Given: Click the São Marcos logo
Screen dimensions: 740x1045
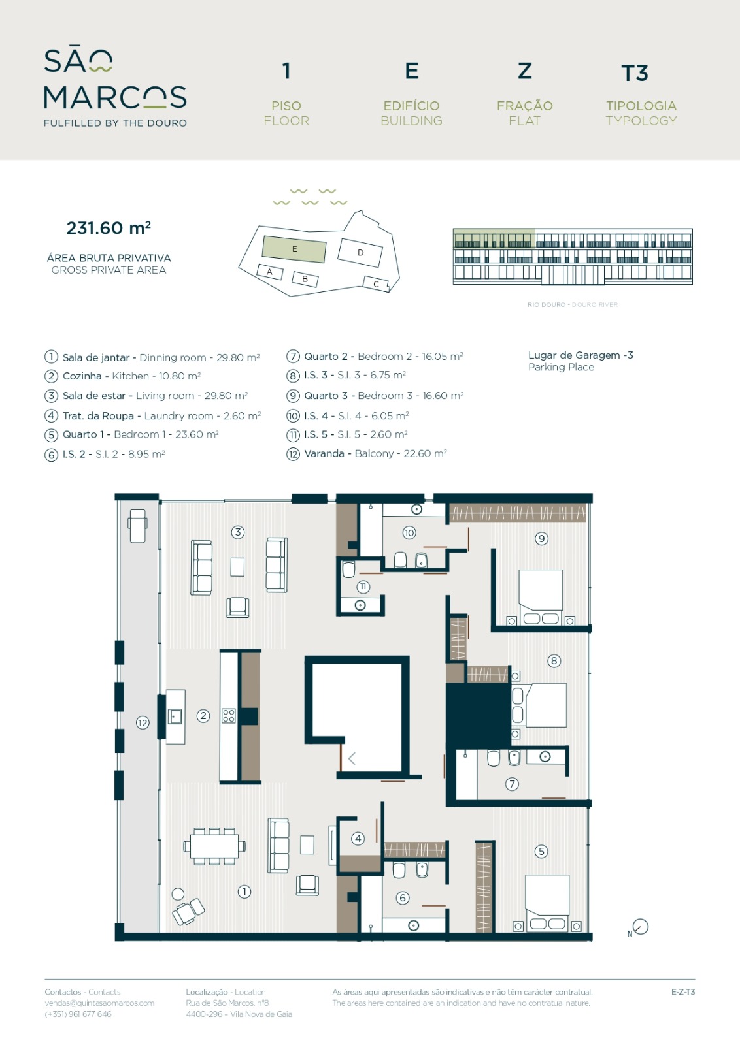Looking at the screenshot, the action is pyautogui.click(x=115, y=88).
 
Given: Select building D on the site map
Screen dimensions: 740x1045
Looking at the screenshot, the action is pyautogui.click(x=360, y=253).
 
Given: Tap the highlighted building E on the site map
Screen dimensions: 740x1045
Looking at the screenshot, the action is pyautogui.click(x=294, y=249).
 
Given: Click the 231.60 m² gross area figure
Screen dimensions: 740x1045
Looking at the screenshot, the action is pyautogui.click(x=109, y=228).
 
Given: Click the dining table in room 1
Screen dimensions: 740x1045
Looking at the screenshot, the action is pyautogui.click(x=214, y=846).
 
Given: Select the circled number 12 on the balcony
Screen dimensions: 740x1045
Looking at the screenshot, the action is pyautogui.click(x=143, y=723).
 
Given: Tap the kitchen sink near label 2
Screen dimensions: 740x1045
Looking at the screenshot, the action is pyautogui.click(x=175, y=716).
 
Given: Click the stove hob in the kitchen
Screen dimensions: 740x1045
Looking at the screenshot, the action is pyautogui.click(x=228, y=716).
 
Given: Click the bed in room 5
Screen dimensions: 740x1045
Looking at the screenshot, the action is pyautogui.click(x=547, y=903).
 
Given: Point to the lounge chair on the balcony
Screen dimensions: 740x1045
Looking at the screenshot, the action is pyautogui.click(x=138, y=526).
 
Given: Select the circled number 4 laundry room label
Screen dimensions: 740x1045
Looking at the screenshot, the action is pyautogui.click(x=358, y=839).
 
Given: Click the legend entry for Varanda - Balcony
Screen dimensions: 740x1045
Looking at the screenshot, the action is pyautogui.click(x=367, y=453).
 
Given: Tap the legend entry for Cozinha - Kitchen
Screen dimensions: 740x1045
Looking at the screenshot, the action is pyautogui.click(x=123, y=376).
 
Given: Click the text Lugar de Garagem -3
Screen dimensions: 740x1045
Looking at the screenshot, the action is pyautogui.click(x=580, y=355).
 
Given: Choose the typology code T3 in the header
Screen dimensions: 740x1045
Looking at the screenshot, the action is pyautogui.click(x=635, y=73).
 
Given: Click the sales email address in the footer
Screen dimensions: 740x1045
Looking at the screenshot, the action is pyautogui.click(x=99, y=1003).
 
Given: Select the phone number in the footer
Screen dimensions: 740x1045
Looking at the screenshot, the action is pyautogui.click(x=78, y=1014).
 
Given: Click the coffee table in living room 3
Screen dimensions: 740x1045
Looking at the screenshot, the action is pyautogui.click(x=238, y=568).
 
